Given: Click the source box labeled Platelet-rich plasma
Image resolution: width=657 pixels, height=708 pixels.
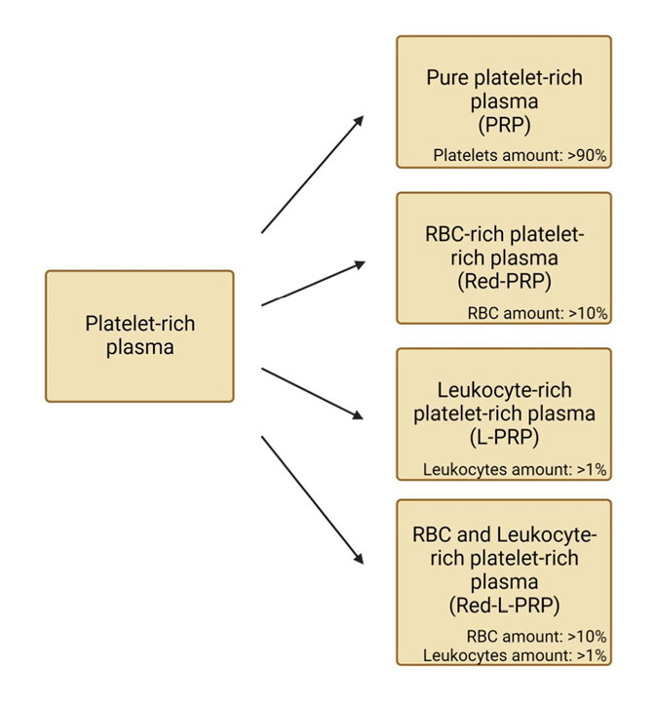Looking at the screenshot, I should coord(139,335).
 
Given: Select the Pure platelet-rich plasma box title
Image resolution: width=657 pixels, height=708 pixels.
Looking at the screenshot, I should coord(503,89).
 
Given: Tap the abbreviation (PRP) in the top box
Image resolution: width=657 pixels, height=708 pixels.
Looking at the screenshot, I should coord(503,124).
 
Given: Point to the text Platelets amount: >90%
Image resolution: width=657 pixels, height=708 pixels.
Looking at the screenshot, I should coord(520,154).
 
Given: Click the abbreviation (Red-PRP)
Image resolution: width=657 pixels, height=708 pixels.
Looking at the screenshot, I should coord(503,281).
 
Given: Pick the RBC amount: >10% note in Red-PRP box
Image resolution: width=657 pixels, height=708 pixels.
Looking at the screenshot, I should coord(537,313).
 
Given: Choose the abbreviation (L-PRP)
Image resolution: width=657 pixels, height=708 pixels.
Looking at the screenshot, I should coord(503,436).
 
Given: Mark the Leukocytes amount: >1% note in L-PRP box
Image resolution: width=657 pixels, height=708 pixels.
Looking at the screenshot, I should coord(515,469).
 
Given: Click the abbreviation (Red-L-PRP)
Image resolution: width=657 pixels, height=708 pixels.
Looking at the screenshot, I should coord(503,605).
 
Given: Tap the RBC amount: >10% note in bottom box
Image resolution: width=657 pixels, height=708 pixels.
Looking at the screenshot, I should coord(537,637).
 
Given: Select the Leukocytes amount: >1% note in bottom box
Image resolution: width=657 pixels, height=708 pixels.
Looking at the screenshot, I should coord(515,655).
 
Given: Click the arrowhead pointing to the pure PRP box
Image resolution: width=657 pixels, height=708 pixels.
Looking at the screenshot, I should coord(359,119).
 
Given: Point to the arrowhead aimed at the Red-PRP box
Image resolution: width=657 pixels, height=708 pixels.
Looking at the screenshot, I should coord(359,263).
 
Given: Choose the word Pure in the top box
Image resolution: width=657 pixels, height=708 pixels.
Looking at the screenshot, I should coord(446,77).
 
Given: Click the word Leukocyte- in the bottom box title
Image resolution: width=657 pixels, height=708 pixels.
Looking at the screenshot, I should coord(546,534).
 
